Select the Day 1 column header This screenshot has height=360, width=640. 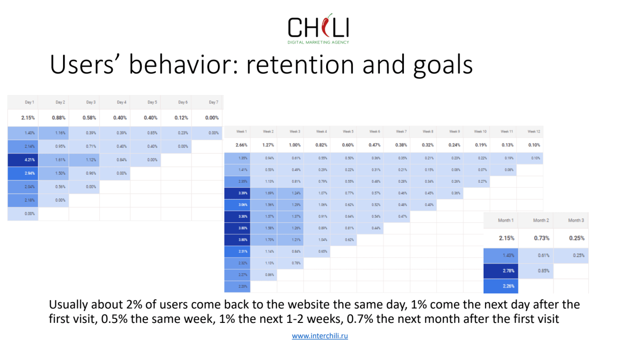pos(29,103)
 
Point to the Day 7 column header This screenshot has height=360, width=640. pos(213,103)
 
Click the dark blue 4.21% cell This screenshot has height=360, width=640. pos(29,159)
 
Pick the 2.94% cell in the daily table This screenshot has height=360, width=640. pos(29,173)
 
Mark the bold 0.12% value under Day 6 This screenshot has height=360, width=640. pos(182,118)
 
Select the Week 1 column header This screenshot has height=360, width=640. pos(242,132)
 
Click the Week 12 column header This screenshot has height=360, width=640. pos(533,132)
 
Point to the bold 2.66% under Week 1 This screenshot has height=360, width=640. pos(242,145)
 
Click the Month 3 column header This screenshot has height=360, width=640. pos(575,220)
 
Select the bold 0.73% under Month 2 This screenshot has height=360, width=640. pos(541,238)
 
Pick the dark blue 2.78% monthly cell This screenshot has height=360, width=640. pos(508,271)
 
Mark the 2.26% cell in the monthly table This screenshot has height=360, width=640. pos(508,286)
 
